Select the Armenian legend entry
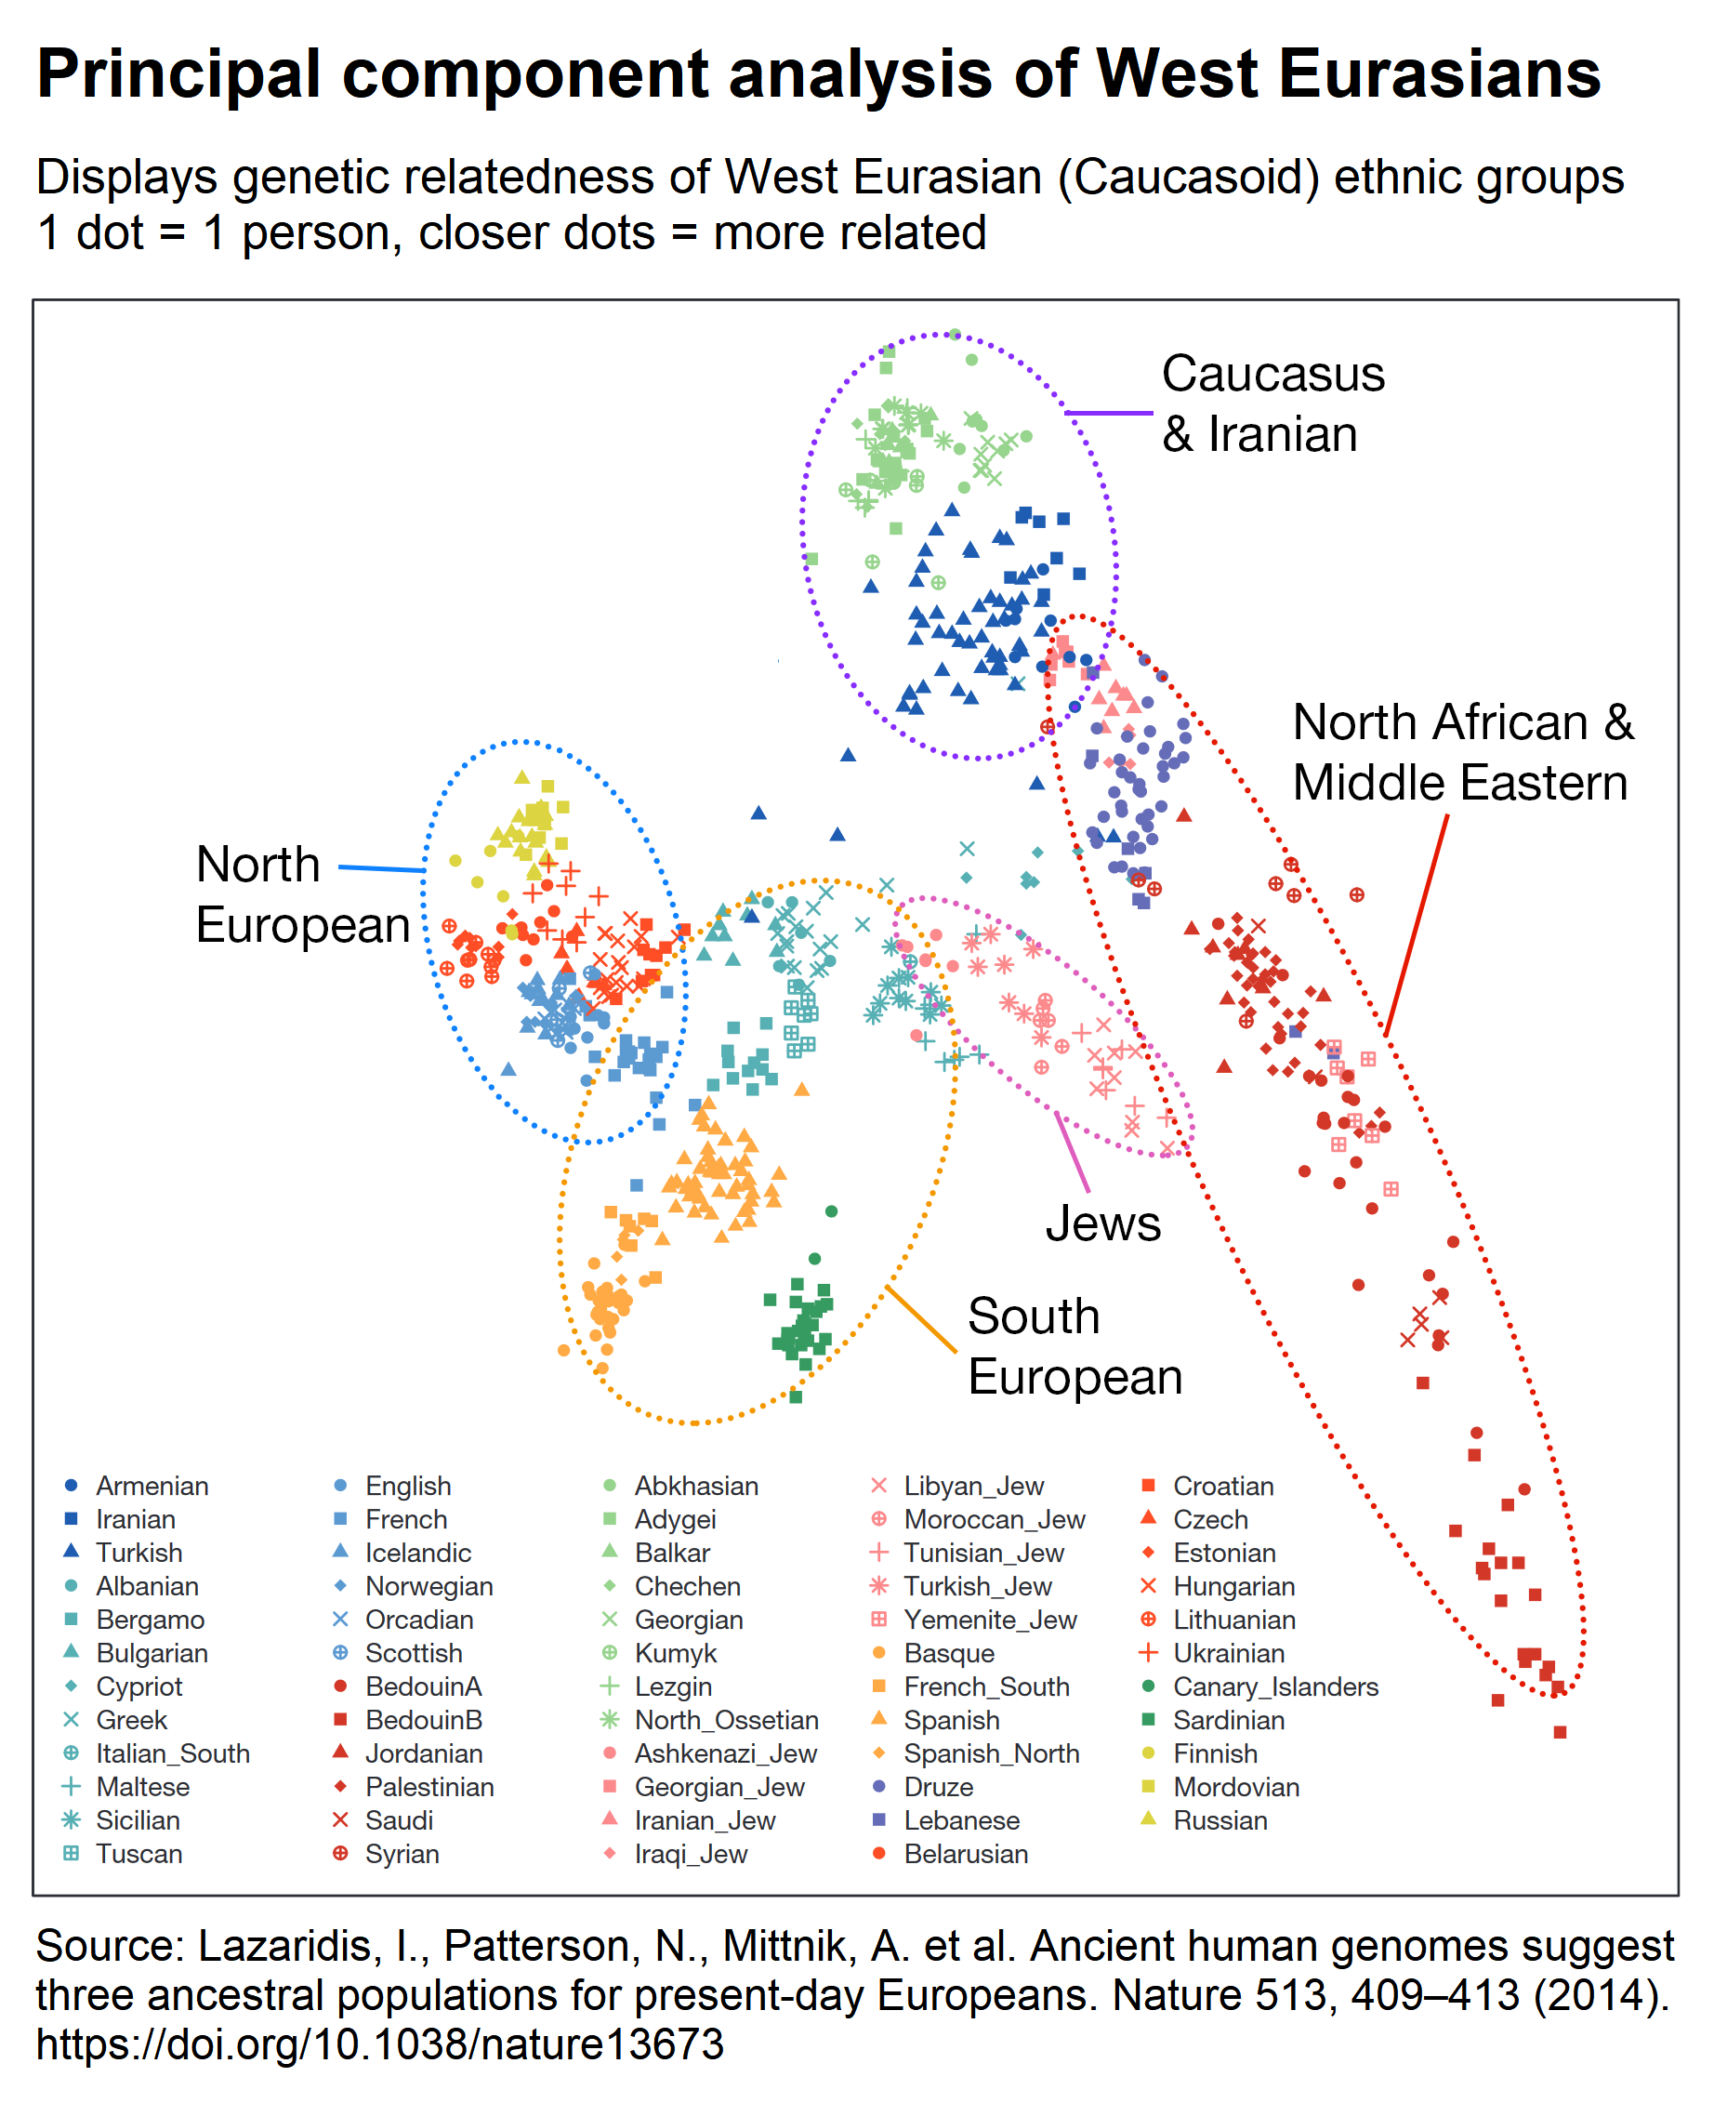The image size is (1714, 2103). coord(152,1486)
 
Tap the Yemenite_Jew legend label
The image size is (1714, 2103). coord(989,1620)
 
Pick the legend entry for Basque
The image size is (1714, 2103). coord(948,1653)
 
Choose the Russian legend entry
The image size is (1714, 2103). coord(1220,1819)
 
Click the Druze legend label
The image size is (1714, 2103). coord(938,1786)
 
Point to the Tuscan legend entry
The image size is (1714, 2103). coord(138,1853)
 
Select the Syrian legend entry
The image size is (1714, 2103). coord(401,1853)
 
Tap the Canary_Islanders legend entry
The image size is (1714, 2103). coord(1274,1686)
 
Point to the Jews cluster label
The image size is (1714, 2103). coord(1102,1223)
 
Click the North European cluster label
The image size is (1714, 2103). coord(302,894)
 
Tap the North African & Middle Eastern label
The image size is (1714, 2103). coord(1461,752)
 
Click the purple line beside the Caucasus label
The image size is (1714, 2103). coord(1109,413)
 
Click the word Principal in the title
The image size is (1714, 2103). coord(178,74)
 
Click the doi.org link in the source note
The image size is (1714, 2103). coord(379,2043)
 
